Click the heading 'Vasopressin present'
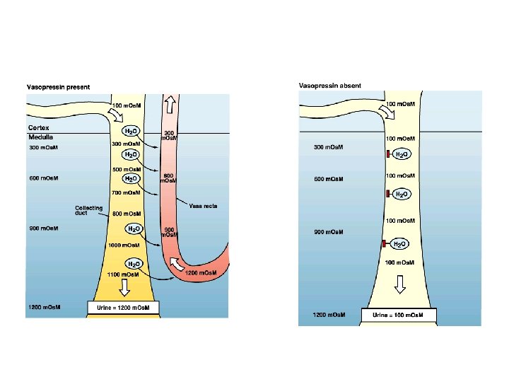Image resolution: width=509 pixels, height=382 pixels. [59, 87]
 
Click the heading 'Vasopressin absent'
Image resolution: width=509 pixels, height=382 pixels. [330, 86]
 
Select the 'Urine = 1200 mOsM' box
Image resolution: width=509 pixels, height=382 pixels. [124, 308]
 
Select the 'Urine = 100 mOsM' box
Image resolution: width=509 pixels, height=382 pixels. [399, 314]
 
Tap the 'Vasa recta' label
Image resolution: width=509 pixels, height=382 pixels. [203, 206]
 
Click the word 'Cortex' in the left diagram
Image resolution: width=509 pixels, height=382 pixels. [38, 128]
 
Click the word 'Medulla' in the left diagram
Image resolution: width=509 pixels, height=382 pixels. [40, 137]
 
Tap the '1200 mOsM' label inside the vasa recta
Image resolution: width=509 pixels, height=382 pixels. [201, 272]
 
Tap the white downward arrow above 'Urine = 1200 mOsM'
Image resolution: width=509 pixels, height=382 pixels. [124, 288]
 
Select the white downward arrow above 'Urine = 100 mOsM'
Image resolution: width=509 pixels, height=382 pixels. [399, 284]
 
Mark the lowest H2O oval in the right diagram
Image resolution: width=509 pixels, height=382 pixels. [399, 244]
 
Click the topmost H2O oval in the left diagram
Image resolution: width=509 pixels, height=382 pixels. [131, 132]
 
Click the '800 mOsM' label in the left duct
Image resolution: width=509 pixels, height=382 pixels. [127, 213]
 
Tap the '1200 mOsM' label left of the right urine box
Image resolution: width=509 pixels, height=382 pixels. [329, 314]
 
